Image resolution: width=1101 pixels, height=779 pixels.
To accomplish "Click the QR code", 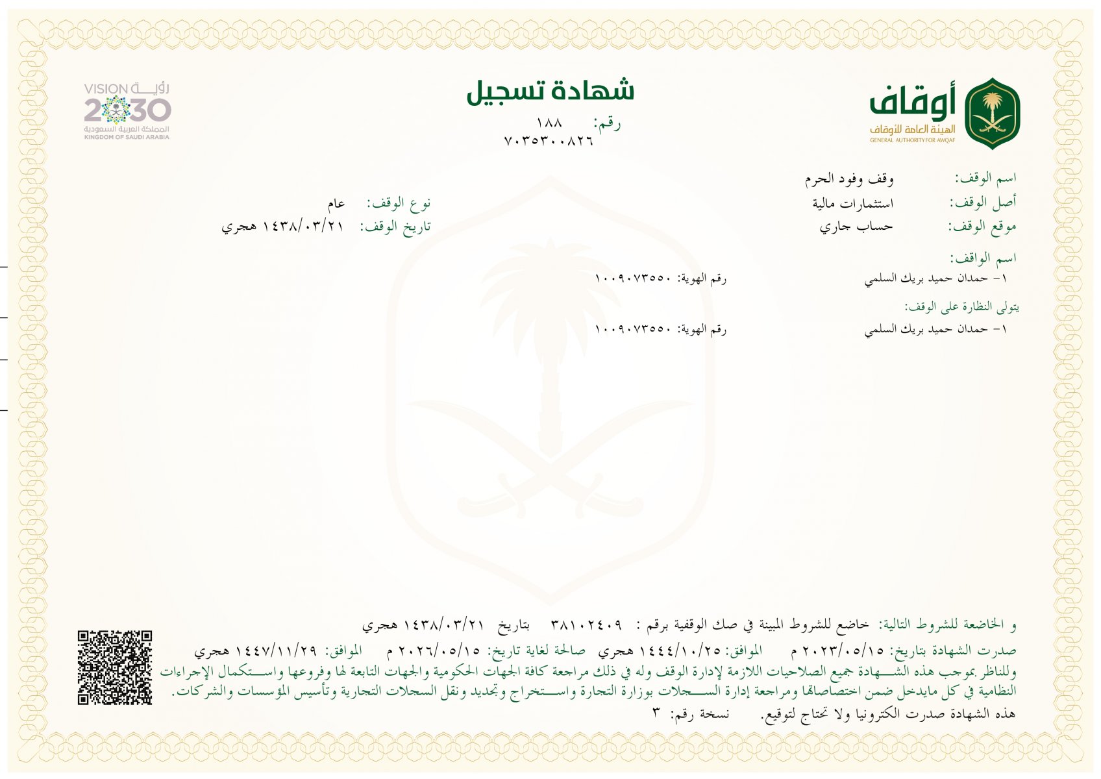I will click(x=115, y=667).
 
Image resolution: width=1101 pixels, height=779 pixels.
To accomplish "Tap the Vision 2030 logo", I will click(x=127, y=111).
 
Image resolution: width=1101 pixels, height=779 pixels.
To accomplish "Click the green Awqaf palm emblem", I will click(x=992, y=113).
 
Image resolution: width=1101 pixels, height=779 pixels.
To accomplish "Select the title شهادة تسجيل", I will click(x=550, y=91).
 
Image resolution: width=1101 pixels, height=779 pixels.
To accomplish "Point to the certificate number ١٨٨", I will click(x=549, y=123).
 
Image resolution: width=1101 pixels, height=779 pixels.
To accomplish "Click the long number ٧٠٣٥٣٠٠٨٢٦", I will click(x=549, y=141).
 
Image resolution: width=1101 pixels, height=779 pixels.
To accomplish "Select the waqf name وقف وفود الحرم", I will click(x=849, y=179).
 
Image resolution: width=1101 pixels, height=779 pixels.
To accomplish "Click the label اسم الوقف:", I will click(x=985, y=178).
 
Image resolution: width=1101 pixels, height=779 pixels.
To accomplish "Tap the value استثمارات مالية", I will click(x=852, y=203).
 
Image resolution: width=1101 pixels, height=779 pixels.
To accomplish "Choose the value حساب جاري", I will click(x=856, y=227).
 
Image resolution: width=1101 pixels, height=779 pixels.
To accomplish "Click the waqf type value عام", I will click(x=336, y=204).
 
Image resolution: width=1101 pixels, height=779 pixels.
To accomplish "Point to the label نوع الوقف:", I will click(x=399, y=204).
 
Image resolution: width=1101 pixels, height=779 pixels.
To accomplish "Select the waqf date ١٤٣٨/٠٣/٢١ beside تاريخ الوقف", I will click(x=303, y=227).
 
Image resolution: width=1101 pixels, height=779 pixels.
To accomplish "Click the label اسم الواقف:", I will click(x=983, y=258).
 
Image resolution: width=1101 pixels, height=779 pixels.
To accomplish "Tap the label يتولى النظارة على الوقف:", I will click(x=962, y=306).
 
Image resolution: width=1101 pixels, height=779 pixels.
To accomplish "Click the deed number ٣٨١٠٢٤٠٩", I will click(x=586, y=625).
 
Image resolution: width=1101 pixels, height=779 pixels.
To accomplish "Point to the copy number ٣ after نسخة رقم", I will click(x=656, y=713).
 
